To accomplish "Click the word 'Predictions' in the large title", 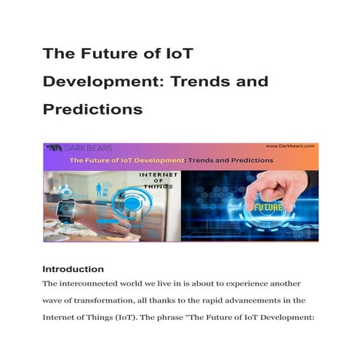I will (90, 109).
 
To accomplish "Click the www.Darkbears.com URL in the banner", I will (289, 147).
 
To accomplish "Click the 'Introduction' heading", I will (73, 268).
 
